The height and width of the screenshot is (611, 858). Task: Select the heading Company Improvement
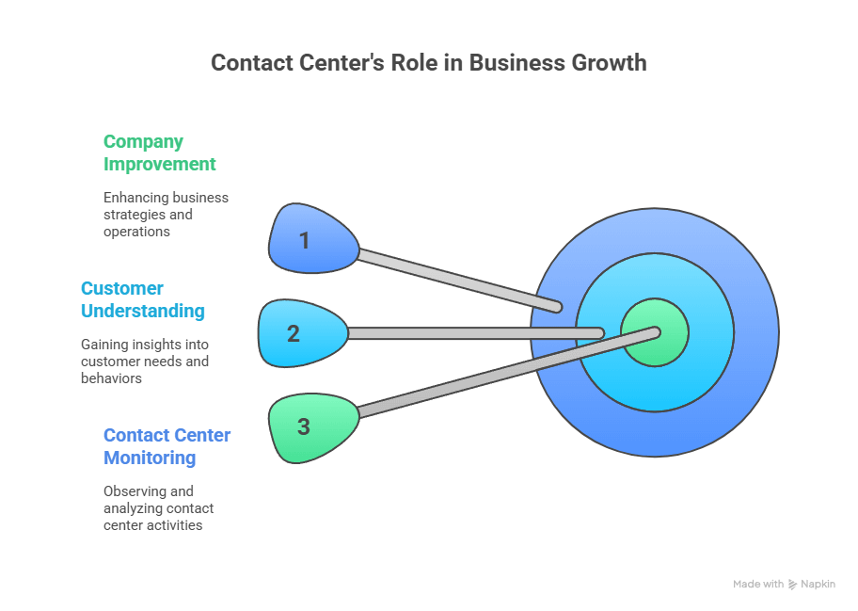159,153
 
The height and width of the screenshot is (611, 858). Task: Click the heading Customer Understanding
142,299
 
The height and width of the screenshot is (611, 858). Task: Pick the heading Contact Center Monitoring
167,446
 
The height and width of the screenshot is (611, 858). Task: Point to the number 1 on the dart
304,241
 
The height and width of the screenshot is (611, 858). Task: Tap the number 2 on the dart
294,333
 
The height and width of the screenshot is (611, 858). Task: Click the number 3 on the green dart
303,426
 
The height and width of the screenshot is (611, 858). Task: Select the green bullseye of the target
656,333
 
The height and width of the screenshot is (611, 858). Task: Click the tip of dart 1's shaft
558,307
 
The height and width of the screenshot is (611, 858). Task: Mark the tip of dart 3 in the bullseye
655,330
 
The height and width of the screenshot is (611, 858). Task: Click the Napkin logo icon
793,585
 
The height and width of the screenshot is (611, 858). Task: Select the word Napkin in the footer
817,585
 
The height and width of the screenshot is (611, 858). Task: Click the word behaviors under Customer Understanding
111,378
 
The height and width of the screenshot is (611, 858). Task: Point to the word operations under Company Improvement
136,232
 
